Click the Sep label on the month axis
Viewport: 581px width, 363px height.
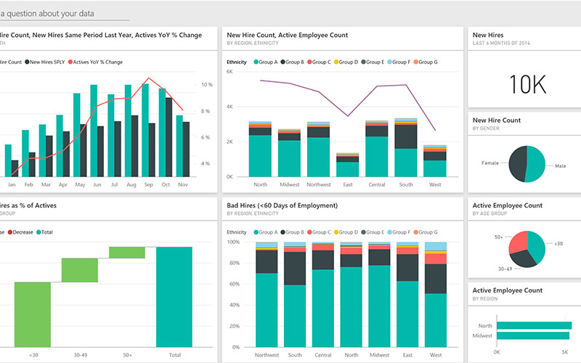148,185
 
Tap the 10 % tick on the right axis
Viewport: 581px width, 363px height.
206,85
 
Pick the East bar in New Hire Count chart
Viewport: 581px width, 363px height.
348,166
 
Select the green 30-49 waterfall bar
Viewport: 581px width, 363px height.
79,269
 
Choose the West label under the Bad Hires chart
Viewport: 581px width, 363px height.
436,355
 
